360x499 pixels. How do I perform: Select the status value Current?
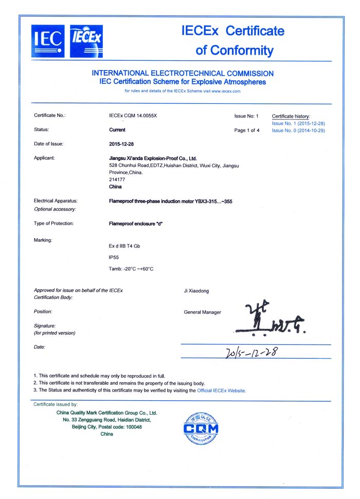click(118, 130)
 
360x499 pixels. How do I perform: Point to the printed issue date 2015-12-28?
click(122, 144)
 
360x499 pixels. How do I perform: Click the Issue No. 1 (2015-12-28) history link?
click(298, 123)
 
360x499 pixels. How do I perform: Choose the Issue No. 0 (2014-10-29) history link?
click(298, 131)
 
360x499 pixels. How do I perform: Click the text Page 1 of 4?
click(247, 131)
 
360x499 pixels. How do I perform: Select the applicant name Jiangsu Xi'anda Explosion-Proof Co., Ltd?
click(153, 158)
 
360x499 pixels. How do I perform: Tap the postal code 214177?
click(118, 180)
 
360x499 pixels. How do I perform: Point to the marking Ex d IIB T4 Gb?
click(124, 246)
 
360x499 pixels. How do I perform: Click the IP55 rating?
click(115, 257)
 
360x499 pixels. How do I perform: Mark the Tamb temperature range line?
click(132, 269)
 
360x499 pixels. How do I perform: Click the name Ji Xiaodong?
click(196, 291)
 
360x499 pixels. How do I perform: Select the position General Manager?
click(202, 312)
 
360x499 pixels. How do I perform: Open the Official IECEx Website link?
click(221, 390)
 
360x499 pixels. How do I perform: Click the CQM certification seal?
click(201, 428)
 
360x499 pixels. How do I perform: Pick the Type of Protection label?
click(53, 223)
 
